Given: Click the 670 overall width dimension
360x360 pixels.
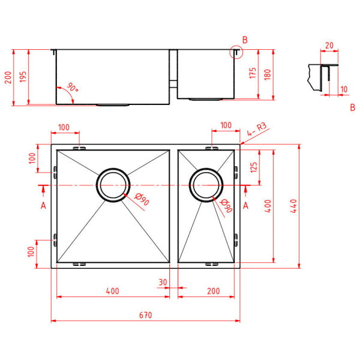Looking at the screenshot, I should pos(146,315).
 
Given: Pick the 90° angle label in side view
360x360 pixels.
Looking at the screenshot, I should pos(73,88).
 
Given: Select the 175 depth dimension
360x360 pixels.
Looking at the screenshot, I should pos(253,73).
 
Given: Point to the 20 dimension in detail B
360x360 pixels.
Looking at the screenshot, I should pos(328,46).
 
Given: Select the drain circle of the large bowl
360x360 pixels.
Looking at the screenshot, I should pos(113,184).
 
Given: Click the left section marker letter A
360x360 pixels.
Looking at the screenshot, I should pos(43,206).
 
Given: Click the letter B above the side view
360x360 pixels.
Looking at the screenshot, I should pos(244,40).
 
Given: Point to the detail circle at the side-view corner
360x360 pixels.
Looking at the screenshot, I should pos(236,53).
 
